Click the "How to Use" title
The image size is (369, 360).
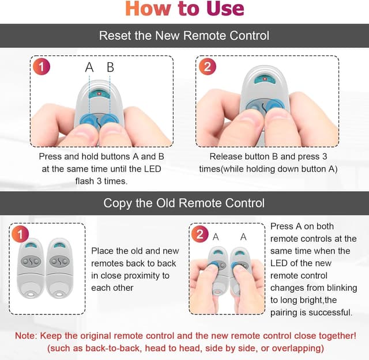tap(184, 9)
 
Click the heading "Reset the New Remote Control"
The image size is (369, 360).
tap(184, 36)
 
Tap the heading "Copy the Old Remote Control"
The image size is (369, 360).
tap(184, 203)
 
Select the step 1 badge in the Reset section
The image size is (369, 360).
tap(42, 67)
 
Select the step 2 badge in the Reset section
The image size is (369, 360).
tap(208, 67)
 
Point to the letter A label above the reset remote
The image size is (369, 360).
tap(89, 67)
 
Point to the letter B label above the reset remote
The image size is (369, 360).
tap(110, 67)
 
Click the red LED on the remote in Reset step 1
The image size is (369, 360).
tap(99, 94)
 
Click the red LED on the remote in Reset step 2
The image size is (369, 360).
tap(265, 79)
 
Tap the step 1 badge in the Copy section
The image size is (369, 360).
tap(20, 234)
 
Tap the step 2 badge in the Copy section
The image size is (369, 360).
tap(200, 234)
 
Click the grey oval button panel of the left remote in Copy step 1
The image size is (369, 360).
tap(31, 262)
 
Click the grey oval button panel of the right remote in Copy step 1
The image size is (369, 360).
tap(59, 262)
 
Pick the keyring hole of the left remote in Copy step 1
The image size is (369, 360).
tap(31, 294)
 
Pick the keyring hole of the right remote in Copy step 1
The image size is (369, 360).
tap(59, 294)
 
